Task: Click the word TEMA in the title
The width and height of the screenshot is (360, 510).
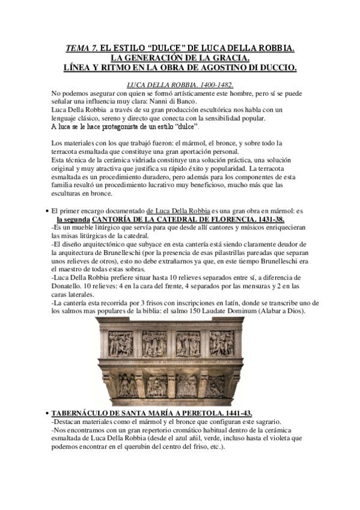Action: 78,47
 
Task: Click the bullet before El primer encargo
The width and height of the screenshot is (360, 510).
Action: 47,211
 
